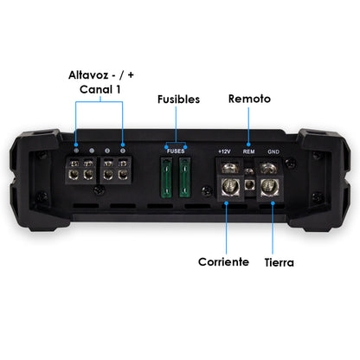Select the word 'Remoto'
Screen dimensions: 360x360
pos(249,99)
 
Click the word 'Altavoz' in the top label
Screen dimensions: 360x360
pos(87,74)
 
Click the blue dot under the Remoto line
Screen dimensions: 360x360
pos(249,144)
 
